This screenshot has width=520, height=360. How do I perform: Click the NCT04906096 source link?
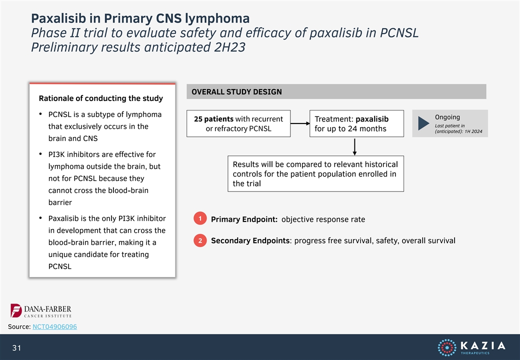(54, 326)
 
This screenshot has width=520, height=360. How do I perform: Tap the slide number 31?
(16, 347)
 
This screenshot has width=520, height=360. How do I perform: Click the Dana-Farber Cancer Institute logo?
(41, 311)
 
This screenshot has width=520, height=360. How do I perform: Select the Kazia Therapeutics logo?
(471, 347)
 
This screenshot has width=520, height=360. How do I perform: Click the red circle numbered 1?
(200, 218)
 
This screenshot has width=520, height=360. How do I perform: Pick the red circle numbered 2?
(200, 240)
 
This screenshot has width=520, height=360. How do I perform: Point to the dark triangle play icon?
(423, 123)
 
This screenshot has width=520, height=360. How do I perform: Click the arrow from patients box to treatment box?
(300, 123)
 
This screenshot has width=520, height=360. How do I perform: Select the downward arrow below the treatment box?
(354, 146)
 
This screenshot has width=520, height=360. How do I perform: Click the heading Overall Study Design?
(236, 92)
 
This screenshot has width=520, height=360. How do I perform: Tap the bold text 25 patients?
(213, 119)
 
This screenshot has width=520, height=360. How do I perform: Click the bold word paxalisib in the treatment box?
(372, 119)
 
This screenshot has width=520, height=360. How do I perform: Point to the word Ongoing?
(447, 117)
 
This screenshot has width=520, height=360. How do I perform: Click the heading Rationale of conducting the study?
(101, 98)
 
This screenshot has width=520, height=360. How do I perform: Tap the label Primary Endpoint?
(244, 219)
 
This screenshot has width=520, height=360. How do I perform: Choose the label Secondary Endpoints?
(250, 240)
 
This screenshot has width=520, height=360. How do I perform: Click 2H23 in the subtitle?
(230, 47)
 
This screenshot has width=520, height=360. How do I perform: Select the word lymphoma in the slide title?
(217, 18)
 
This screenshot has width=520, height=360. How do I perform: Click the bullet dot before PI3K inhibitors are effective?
(40, 154)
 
